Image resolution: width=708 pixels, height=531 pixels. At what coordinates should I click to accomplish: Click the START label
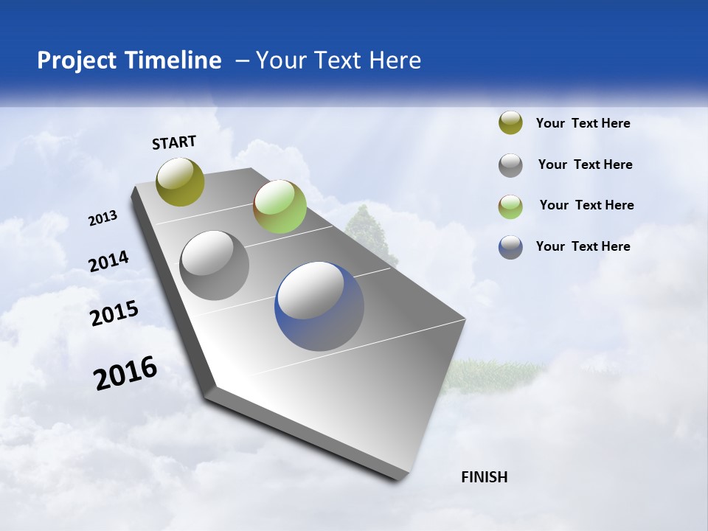[x=174, y=142]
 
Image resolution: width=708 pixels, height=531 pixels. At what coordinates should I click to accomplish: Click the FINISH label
[x=484, y=477]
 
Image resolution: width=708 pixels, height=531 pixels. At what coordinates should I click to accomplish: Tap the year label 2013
[x=103, y=218]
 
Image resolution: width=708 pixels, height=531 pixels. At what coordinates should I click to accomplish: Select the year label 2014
[x=108, y=261]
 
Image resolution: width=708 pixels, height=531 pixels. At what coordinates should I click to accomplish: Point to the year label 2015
[x=114, y=313]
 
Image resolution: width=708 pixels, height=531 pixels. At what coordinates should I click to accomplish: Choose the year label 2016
[x=125, y=373]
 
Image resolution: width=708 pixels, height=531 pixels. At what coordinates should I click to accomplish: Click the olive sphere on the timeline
[x=180, y=181]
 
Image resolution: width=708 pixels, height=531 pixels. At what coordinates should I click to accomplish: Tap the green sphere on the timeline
[x=280, y=207]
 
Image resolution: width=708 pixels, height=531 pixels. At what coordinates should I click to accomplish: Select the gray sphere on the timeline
[x=214, y=265]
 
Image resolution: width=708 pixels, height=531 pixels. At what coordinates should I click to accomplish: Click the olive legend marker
[x=510, y=123]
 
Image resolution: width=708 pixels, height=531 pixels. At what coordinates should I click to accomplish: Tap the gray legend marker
[x=510, y=165]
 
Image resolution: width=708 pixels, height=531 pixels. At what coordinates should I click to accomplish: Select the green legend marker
[x=510, y=206]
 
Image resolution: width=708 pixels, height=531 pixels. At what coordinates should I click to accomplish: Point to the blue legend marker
[x=510, y=247]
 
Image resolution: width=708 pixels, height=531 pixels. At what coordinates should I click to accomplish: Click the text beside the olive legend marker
[x=583, y=123]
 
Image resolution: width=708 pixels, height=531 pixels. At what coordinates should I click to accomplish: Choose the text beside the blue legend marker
[x=583, y=246]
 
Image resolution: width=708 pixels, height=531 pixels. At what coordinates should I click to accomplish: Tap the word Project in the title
[x=77, y=60]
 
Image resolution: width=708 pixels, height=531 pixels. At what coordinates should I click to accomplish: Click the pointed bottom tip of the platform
[x=402, y=478]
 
